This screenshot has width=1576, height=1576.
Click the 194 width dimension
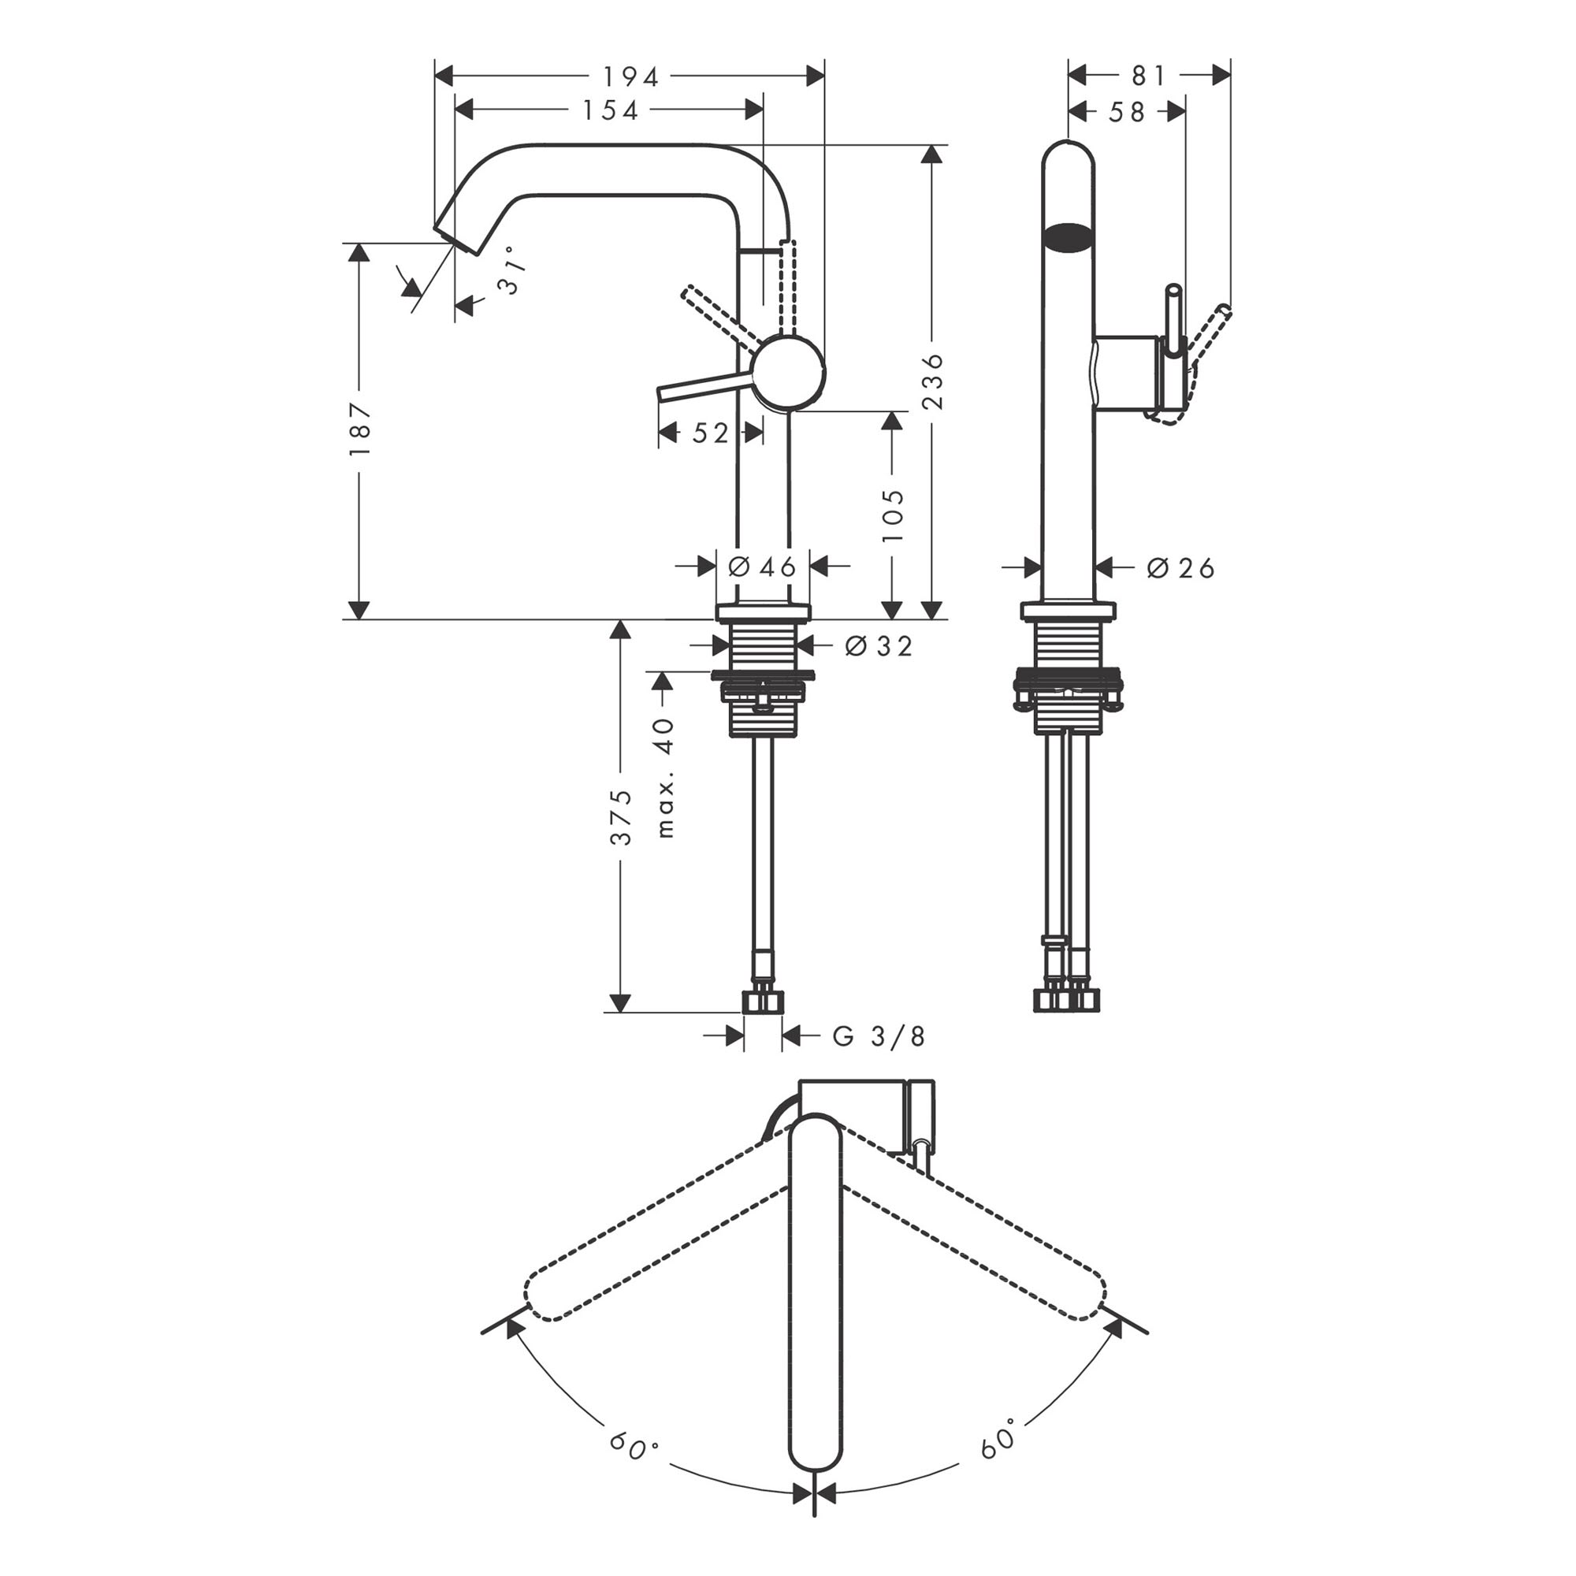630,76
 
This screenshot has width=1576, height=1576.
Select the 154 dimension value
610,110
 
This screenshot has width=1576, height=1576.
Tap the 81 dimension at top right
1150,76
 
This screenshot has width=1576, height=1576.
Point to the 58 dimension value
1127,112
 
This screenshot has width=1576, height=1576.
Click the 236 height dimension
932,381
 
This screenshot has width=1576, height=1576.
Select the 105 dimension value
894,515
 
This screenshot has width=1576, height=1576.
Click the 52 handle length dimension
711,433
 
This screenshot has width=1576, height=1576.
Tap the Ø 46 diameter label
762,567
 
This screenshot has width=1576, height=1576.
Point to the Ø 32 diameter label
879,646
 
